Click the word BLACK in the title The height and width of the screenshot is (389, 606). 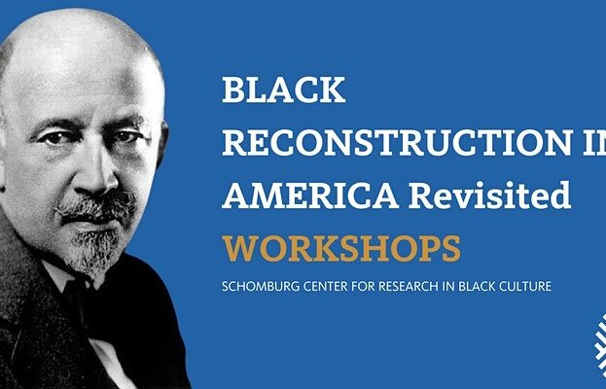(284, 89)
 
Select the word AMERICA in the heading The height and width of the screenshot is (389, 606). (310, 195)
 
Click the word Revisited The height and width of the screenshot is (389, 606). (490, 194)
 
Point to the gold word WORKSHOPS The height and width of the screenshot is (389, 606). (341, 248)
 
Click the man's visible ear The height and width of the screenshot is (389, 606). (162, 144)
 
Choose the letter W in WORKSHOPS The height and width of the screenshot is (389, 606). (239, 249)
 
